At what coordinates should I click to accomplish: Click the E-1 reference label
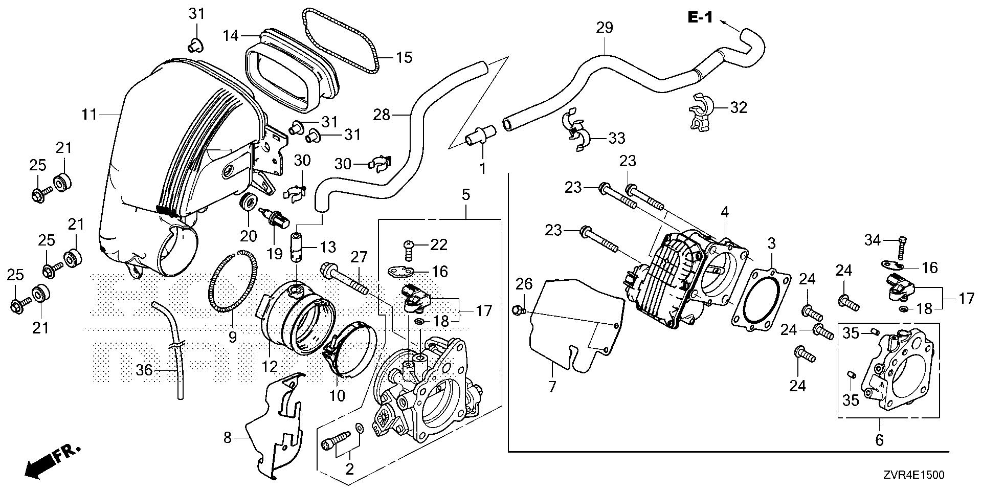[699, 18]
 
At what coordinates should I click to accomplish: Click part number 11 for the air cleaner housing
[90, 114]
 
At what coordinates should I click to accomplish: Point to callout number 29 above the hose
[605, 28]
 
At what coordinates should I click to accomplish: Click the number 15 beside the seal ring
[404, 57]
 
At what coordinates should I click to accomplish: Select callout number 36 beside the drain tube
[145, 370]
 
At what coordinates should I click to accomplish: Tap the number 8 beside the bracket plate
[228, 437]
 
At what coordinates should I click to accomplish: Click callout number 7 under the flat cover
[552, 387]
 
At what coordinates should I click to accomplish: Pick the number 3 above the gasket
[771, 243]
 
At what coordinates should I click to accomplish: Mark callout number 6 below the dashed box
[879, 440]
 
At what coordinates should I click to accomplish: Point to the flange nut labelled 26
[517, 309]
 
